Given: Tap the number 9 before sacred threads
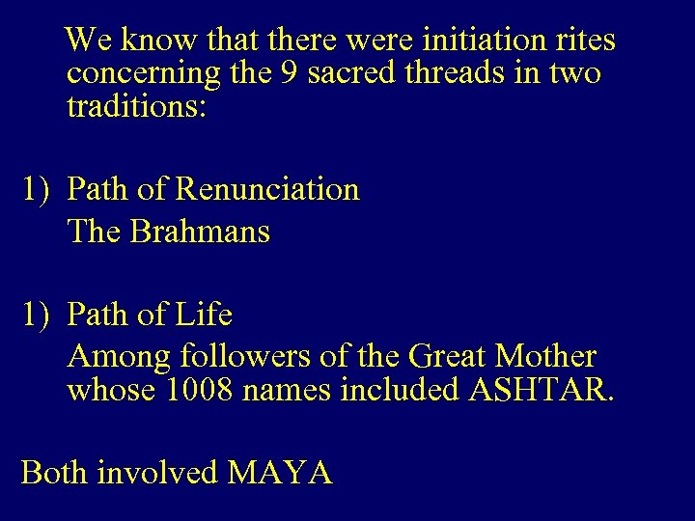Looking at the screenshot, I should pos(287,73).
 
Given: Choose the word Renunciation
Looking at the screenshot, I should pos(267,189).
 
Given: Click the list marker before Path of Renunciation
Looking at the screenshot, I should pos(38,189).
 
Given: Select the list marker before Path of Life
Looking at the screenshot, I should pos(38,315).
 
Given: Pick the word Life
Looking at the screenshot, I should pos(205,315).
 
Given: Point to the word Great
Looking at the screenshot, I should pos(450,357).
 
